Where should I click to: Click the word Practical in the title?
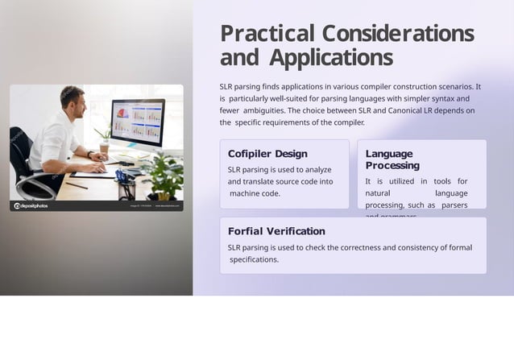267,34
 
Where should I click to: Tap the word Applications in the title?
331,59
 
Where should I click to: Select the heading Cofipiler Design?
267,154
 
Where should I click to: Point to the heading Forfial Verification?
276,231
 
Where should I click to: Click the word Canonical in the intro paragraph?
408,110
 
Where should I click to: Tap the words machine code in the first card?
255,193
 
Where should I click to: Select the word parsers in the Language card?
454,205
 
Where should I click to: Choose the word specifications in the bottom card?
254,260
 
